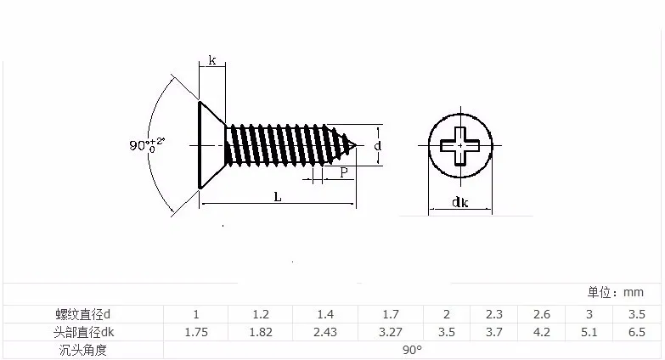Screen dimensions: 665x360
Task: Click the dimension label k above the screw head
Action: coord(212,60)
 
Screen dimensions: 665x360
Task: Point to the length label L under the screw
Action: coord(278,197)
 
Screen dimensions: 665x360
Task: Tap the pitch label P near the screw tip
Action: coord(344,172)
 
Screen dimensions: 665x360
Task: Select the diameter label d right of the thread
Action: coord(377,146)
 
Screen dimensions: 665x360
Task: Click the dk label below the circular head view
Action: coord(460,202)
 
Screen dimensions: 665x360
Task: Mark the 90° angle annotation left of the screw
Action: coord(147,144)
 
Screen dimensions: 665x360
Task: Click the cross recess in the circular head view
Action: coord(460,146)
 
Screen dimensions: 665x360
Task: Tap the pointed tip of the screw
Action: coord(356,145)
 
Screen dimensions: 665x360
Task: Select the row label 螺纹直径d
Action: coord(82,314)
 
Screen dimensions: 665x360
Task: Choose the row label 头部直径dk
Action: coord(83,332)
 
